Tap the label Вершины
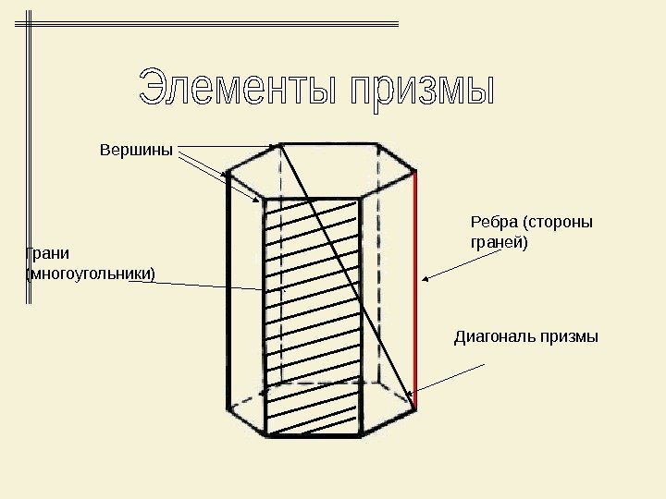pyautogui.click(x=136, y=149)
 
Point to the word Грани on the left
pyautogui.click(x=46, y=253)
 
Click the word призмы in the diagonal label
pyautogui.click(x=573, y=337)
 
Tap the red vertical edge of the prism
pyautogui.click(x=416, y=286)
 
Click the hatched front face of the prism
pyautogui.click(x=312, y=314)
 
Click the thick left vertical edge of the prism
pyautogui.click(x=228, y=296)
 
